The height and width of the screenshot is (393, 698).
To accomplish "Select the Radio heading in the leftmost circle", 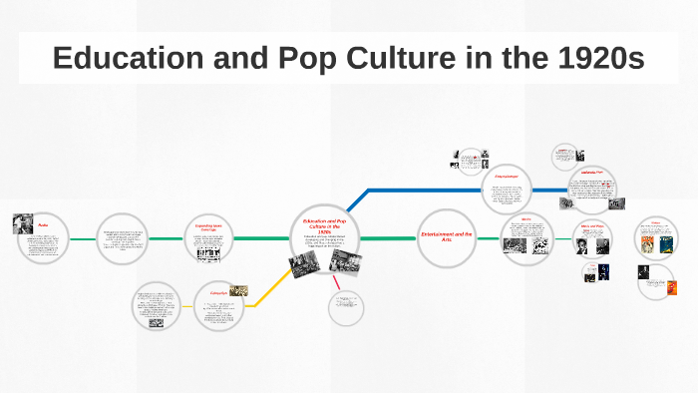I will click(43, 226).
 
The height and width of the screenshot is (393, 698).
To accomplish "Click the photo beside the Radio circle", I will click(22, 224).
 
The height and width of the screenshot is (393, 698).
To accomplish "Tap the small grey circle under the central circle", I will click(346, 308).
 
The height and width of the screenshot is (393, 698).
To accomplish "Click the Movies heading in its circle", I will click(525, 218).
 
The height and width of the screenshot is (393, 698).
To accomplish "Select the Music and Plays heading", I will click(593, 226).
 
